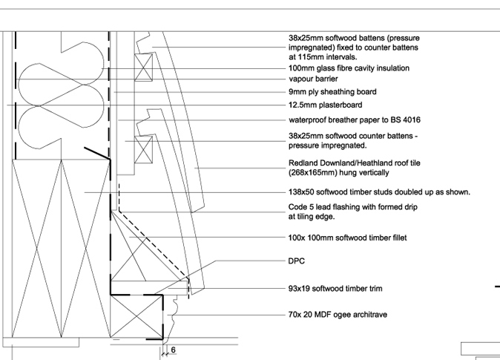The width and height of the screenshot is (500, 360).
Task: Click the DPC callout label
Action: pyautogui.click(x=296, y=261)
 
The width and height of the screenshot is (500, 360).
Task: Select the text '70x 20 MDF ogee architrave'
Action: pyautogui.click(x=338, y=315)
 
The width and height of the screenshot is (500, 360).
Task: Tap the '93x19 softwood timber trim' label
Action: pyautogui.click(x=335, y=289)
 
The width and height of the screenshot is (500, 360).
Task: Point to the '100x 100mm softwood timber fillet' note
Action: pyautogui.click(x=348, y=238)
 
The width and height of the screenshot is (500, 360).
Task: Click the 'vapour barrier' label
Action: pyautogui.click(x=313, y=79)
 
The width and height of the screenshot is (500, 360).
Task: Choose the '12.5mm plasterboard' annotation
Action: pyautogui.click(x=325, y=105)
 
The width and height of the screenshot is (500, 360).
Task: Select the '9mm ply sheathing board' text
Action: pyautogui.click(x=332, y=92)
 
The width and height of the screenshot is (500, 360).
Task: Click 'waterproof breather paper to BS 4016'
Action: pyautogui.click(x=355, y=120)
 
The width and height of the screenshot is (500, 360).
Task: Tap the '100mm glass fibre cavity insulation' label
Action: pyautogui.click(x=349, y=68)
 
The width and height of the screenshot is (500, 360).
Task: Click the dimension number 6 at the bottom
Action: pyautogui.click(x=173, y=350)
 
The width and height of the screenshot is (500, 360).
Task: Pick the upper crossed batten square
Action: pyautogui.click(x=143, y=68)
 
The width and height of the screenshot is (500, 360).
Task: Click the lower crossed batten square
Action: pyautogui.click(x=143, y=150)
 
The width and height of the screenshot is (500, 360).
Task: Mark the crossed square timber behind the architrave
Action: pyautogui.click(x=136, y=316)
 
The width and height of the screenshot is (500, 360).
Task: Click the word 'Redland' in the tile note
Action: pyautogui.click(x=302, y=163)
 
